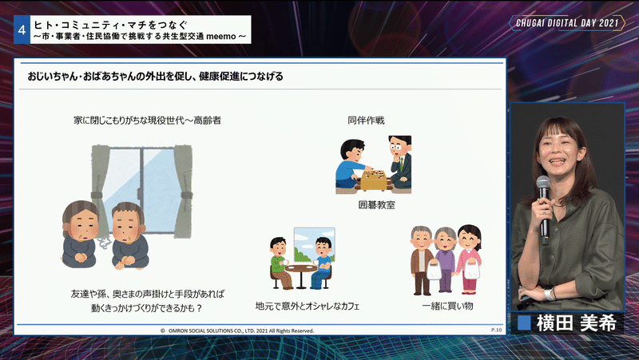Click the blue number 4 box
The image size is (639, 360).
click(x=22, y=30)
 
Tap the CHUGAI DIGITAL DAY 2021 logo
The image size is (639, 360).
click(x=567, y=23)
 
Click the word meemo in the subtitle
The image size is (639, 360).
click(x=221, y=37)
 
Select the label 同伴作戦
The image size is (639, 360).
click(x=366, y=121)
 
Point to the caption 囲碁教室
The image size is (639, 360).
click(x=376, y=205)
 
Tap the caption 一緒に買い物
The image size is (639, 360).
click(x=447, y=306)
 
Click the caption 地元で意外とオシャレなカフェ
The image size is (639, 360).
click(x=308, y=306)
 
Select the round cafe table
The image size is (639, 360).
click(x=301, y=275)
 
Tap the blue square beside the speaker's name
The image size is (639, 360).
click(x=524, y=323)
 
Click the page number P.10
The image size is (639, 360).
click(x=496, y=330)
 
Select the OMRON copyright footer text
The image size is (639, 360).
click(x=237, y=330)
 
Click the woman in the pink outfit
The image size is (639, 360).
click(x=469, y=259)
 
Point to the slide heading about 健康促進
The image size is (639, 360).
click(x=155, y=76)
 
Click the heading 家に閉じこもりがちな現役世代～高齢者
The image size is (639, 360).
click(x=147, y=121)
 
